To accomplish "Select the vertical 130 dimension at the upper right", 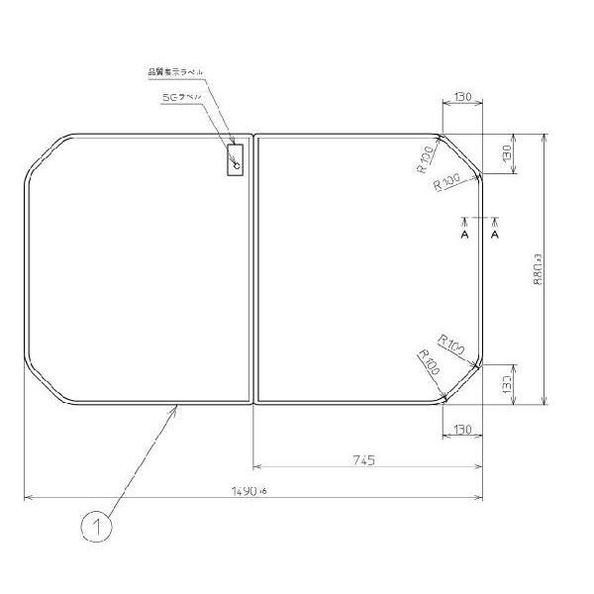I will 506,154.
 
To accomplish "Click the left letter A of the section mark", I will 463,236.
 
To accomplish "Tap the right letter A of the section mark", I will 494,236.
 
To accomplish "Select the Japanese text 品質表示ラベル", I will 175,71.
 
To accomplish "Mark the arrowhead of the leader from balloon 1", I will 177,407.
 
